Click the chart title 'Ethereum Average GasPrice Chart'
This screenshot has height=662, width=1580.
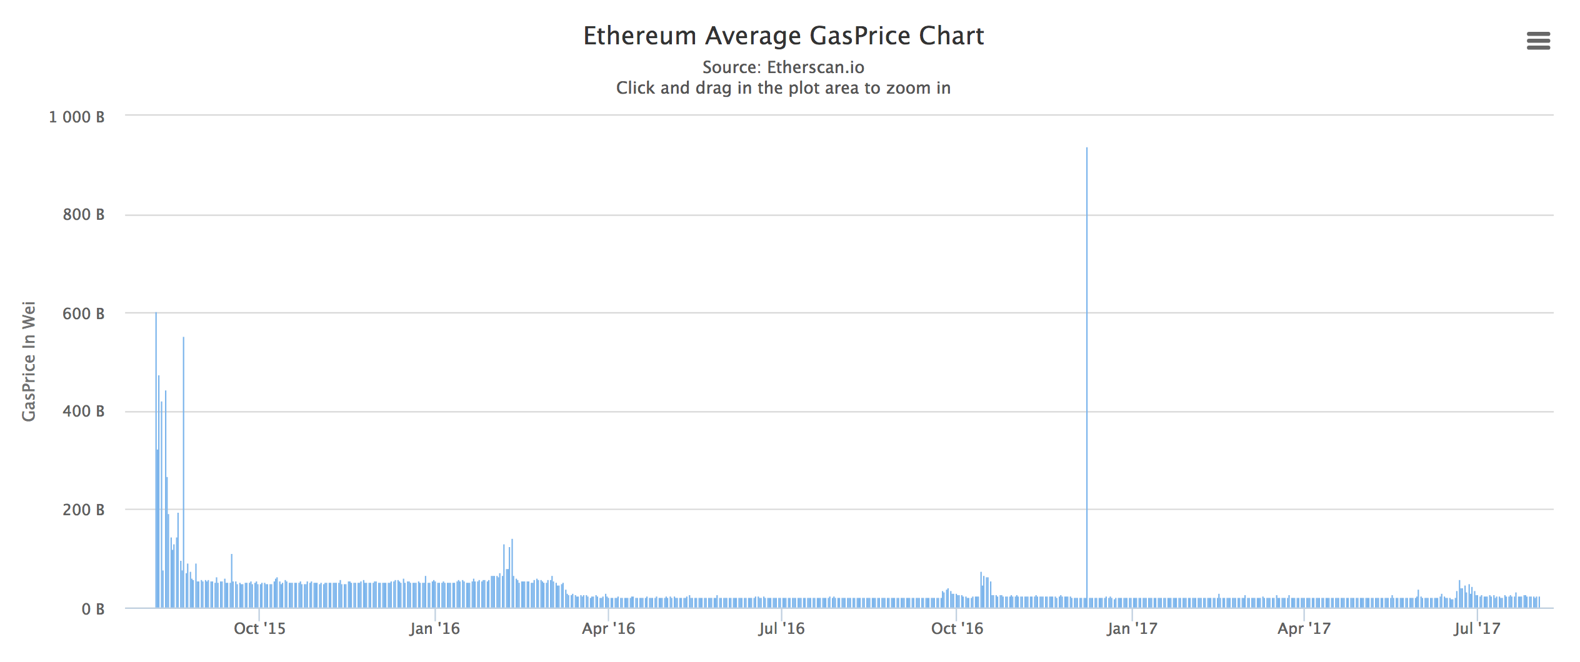(x=783, y=36)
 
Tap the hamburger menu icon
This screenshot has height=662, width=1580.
(x=1538, y=41)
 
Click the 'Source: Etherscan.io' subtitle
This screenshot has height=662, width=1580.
(x=783, y=67)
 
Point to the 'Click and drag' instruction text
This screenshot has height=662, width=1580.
(x=783, y=88)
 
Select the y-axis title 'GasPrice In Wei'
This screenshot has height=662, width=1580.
(x=29, y=361)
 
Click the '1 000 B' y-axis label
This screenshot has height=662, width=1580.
(x=77, y=117)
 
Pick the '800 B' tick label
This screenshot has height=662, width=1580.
(x=83, y=215)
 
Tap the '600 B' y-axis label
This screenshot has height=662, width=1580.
(x=83, y=314)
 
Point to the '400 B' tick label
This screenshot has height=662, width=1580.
(x=83, y=412)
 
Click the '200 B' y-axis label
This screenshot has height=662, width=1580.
(x=83, y=510)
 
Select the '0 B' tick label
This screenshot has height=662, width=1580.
(x=92, y=609)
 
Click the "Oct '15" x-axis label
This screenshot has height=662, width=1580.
(x=259, y=629)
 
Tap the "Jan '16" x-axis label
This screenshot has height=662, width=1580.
(x=434, y=629)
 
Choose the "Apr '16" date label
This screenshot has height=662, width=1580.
(x=608, y=629)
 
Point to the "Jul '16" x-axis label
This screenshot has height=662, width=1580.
(x=781, y=629)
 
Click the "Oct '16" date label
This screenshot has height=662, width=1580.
(x=957, y=629)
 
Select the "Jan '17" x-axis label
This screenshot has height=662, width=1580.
(x=1132, y=629)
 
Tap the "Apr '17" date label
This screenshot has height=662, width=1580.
(x=1304, y=629)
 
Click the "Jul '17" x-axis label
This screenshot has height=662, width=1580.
(x=1477, y=629)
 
